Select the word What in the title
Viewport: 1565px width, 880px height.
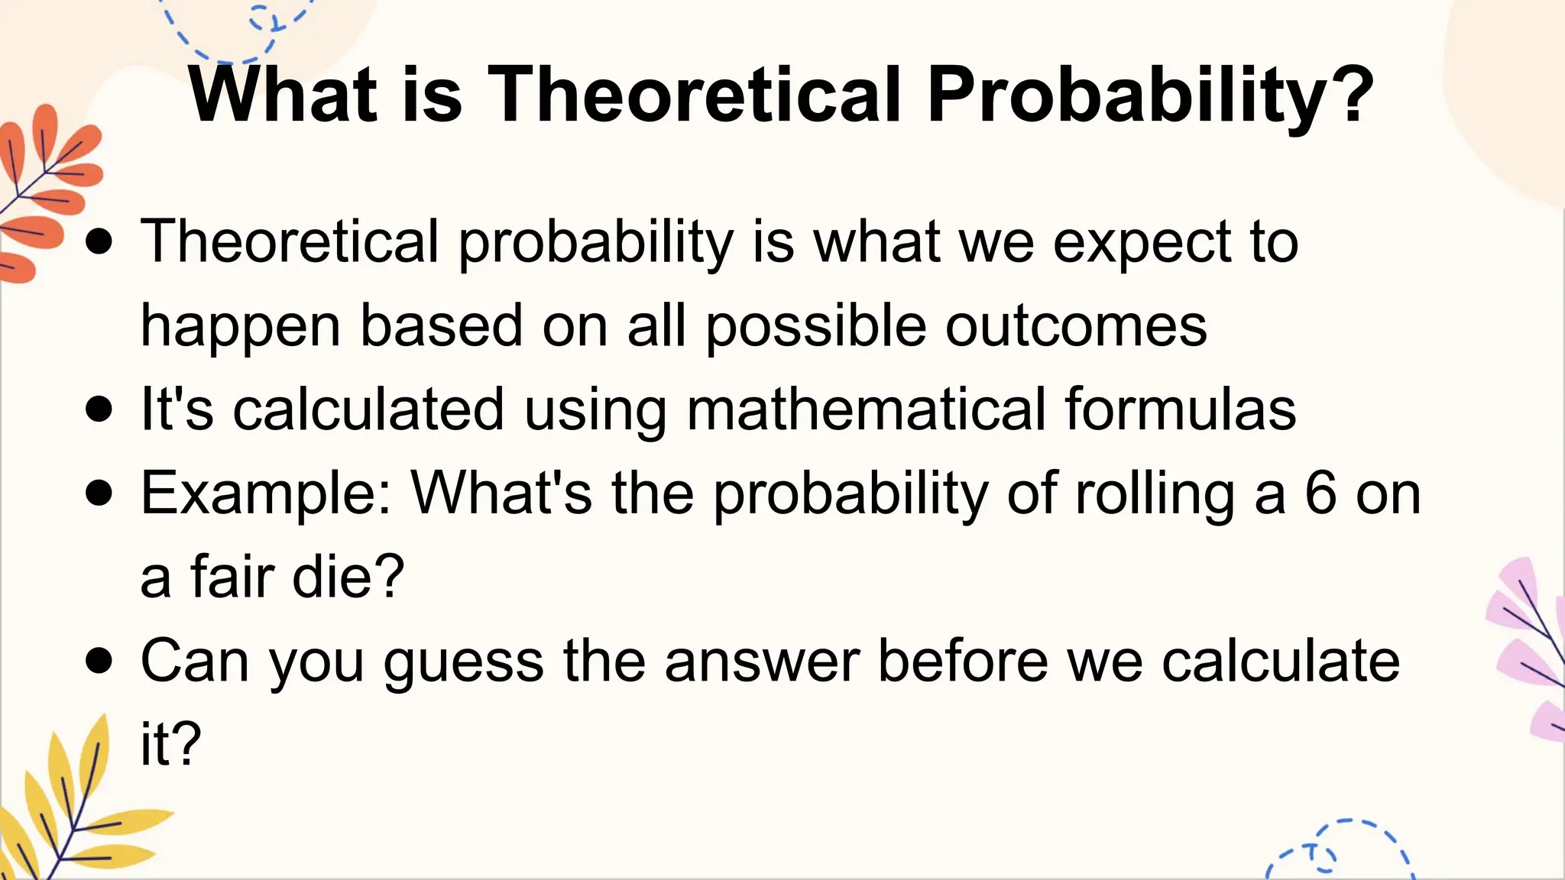284,94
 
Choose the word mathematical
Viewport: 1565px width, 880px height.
867,409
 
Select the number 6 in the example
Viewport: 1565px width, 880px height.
1320,493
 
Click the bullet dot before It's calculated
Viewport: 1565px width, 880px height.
99,409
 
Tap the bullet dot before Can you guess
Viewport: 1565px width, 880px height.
99,661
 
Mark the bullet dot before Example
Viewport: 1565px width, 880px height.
99,493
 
